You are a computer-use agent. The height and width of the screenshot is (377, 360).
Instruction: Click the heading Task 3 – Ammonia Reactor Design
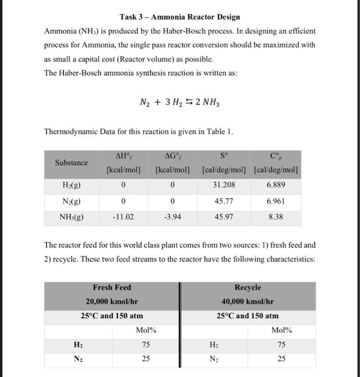(x=180, y=17)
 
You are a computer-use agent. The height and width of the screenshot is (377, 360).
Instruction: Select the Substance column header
(x=72, y=163)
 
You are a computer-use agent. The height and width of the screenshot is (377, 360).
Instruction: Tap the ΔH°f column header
(x=124, y=157)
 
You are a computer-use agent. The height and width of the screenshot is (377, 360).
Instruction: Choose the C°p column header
(x=276, y=157)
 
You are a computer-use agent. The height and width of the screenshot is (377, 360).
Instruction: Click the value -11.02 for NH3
(x=124, y=218)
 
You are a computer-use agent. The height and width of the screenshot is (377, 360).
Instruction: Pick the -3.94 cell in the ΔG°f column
(x=172, y=218)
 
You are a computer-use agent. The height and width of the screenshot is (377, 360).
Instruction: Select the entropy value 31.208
(x=223, y=185)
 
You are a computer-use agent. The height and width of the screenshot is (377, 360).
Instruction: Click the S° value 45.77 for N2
(x=223, y=201)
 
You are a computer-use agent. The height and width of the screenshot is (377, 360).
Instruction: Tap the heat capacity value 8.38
(x=276, y=218)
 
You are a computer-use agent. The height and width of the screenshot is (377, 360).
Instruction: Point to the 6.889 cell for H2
(x=276, y=185)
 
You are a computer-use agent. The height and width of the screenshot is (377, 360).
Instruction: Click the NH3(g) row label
(x=72, y=218)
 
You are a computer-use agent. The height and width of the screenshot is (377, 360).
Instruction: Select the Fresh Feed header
(x=112, y=288)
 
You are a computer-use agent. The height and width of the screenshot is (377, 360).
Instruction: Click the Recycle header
(x=248, y=288)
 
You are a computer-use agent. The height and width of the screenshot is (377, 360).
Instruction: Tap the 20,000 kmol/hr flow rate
(x=112, y=302)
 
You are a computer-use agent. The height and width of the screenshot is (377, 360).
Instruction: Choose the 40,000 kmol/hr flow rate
(x=248, y=302)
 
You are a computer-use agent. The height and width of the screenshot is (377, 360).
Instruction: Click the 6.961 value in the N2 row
(x=276, y=201)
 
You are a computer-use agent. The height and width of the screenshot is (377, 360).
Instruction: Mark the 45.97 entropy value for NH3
(x=223, y=218)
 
